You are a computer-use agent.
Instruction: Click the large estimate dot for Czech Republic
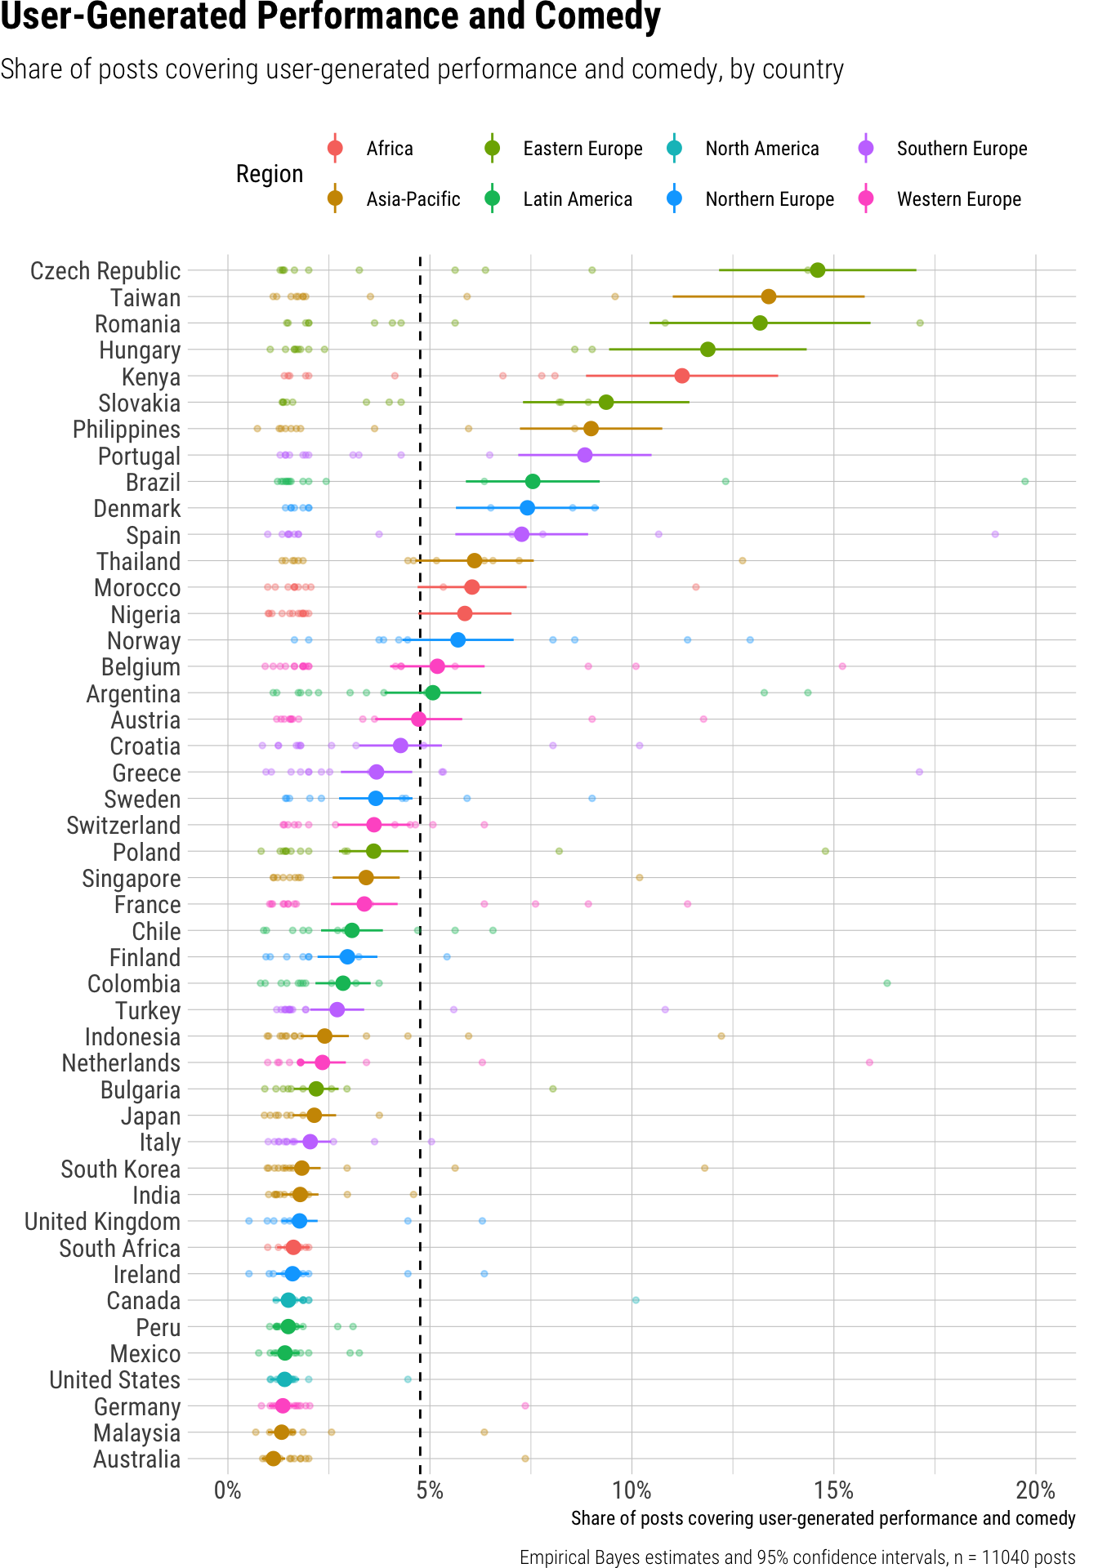coord(817,270)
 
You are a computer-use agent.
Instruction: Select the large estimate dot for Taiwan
coord(768,296)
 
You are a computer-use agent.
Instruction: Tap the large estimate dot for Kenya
coord(681,376)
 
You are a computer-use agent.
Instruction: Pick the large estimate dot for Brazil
coord(533,481)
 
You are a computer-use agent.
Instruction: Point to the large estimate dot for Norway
coord(457,639)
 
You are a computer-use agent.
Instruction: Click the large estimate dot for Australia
coord(274,1459)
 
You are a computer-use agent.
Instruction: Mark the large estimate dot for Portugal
coord(584,455)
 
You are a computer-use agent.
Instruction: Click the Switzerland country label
coord(123,826)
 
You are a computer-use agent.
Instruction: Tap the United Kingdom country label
coord(102,1222)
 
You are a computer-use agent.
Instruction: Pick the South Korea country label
coord(120,1169)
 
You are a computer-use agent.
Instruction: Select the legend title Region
coord(270,174)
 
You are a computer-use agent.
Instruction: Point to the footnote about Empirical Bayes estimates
coord(797,1557)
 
